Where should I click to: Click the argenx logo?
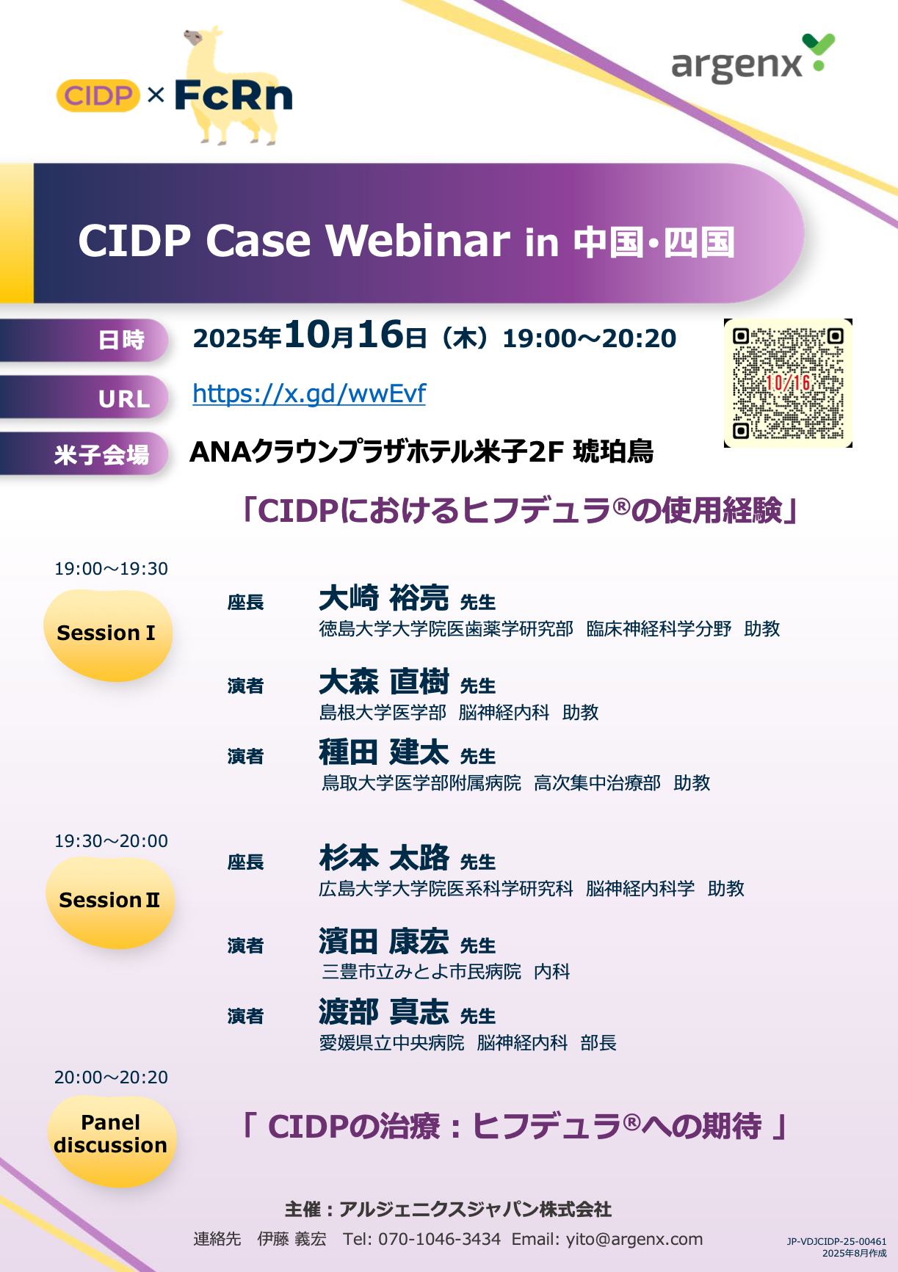[753, 59]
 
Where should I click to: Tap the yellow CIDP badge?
[98, 95]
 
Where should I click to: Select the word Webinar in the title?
[418, 241]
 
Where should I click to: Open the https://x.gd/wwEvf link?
[309, 394]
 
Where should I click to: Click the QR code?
[788, 383]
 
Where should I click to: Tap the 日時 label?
[122, 341]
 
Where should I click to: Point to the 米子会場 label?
[102, 455]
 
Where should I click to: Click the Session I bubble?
[108, 634]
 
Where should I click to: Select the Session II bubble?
[110, 901]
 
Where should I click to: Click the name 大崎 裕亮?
[384, 598]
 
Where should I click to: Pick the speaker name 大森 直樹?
[384, 682]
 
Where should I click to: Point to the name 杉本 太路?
[384, 858]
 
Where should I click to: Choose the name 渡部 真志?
[384, 1012]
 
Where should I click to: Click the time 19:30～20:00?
[111, 841]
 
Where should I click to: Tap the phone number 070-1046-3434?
[439, 1240]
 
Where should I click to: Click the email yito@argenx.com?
[634, 1240]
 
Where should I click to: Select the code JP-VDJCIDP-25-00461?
[836, 1241]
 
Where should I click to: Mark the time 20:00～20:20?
[111, 1077]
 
